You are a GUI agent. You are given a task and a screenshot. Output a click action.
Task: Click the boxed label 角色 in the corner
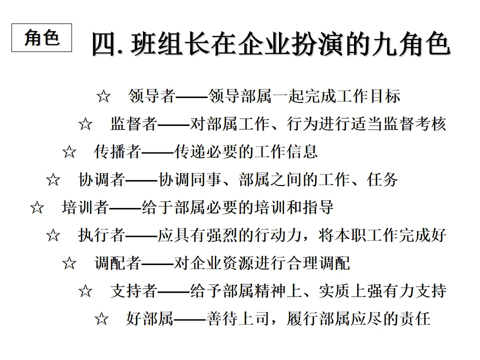pyautogui.click(x=41, y=38)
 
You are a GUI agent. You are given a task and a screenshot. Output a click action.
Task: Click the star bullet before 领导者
pyautogui.click(x=103, y=96)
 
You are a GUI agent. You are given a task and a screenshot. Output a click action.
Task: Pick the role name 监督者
pyautogui.click(x=134, y=124)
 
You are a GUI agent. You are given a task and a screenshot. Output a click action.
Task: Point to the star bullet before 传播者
pyautogui.click(x=69, y=152)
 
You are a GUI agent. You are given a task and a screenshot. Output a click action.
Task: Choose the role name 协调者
pyautogui.click(x=101, y=179)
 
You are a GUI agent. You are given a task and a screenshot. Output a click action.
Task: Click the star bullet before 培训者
pyautogui.click(x=37, y=207)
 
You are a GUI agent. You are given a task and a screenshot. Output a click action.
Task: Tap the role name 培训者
pyautogui.click(x=85, y=207)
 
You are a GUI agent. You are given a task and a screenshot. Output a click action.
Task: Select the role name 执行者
pyautogui.click(x=101, y=235)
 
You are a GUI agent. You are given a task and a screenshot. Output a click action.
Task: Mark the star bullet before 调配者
pyautogui.click(x=69, y=263)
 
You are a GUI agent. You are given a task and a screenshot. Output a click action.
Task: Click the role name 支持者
pyautogui.click(x=134, y=290)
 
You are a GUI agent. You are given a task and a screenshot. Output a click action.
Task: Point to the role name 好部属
pyautogui.click(x=150, y=318)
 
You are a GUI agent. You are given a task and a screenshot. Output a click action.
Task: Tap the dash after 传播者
pyautogui.click(x=157, y=152)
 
